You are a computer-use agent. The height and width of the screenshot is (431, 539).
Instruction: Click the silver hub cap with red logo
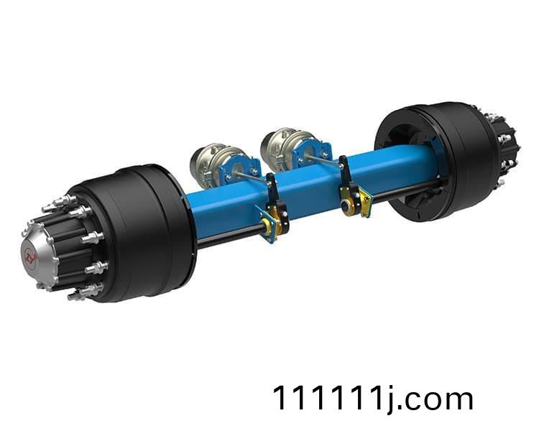coord(38,255)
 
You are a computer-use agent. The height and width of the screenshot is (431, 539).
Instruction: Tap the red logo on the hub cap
coord(29,256)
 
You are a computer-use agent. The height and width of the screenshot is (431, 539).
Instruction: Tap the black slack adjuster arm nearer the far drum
coord(350,185)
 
